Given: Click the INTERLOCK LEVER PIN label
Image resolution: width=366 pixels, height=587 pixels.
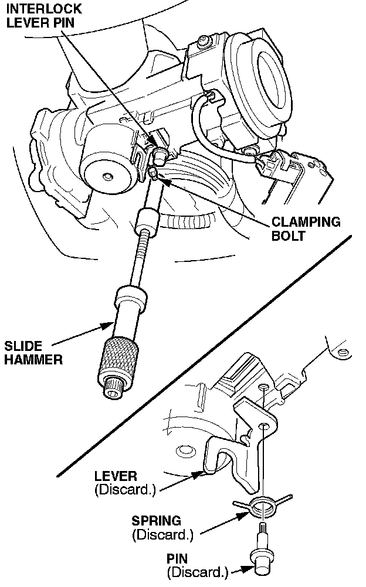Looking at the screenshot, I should click(45, 18).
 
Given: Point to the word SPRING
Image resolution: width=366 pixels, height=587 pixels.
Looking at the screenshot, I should click(156, 521).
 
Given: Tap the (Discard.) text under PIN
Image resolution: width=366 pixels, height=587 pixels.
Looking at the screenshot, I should click(196, 572).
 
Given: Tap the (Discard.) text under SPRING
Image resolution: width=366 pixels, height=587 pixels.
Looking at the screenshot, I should click(162, 535).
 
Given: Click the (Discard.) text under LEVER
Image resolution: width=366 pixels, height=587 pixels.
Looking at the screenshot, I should click(125, 490).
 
